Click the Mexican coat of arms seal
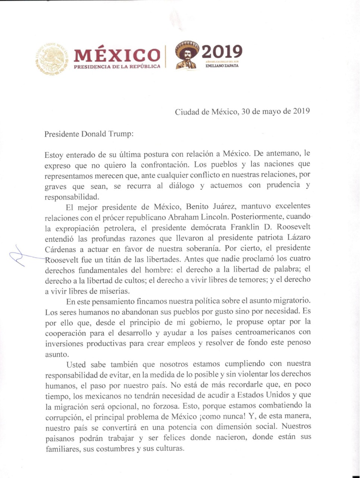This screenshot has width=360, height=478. pos(52,59)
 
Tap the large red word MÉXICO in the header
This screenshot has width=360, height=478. pos(117,56)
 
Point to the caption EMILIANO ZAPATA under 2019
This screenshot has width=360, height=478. pos(222,66)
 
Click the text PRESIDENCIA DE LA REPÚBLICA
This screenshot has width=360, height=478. pos(117,66)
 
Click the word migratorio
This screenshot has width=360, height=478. pos(287,301)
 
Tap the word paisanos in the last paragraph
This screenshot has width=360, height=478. pos(60,438)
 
